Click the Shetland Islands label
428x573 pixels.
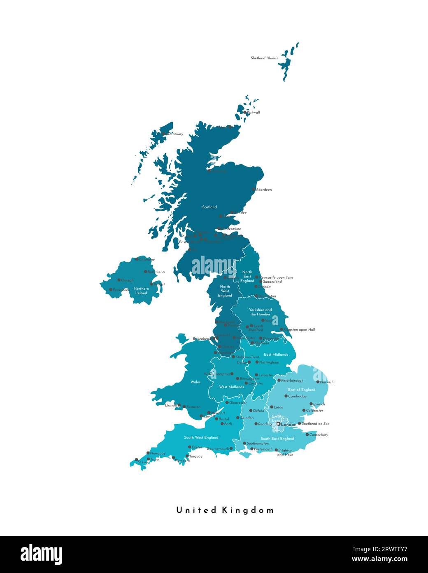pos(264,58)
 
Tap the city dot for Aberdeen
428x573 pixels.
pos(254,190)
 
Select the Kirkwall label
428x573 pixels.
pos(253,113)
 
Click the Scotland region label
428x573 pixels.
pos(209,207)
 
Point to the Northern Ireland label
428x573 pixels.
pos(141,291)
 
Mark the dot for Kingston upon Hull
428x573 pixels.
pos(282,329)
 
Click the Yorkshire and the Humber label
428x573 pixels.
pos(260,312)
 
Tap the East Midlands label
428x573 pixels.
pos(276,355)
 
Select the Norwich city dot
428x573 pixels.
pos(318,382)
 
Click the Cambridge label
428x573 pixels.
pos(298,396)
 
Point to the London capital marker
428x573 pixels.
pos(279,424)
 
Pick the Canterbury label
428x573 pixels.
pos(319,434)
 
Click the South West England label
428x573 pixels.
pos(201,437)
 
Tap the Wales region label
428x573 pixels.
pos(195,382)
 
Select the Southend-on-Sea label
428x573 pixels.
pos(316,423)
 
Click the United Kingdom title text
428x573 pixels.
pos(225,510)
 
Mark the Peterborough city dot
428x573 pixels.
pos(279,380)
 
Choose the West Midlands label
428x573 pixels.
pos(231,387)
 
